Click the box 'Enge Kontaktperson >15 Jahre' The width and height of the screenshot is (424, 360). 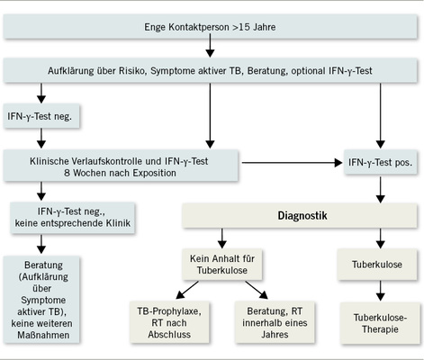point(212,28)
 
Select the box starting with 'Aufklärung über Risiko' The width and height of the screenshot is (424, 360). point(212,69)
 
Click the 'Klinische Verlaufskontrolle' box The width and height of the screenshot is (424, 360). point(122,164)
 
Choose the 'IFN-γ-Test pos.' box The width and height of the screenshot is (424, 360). point(379,164)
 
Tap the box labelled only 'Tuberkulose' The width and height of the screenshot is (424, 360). point(379,266)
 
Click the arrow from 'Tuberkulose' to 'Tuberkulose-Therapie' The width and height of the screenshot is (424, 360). point(379,291)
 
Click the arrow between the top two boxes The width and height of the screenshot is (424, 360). point(212,49)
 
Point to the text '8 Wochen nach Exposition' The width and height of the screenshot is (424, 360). point(122,171)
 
